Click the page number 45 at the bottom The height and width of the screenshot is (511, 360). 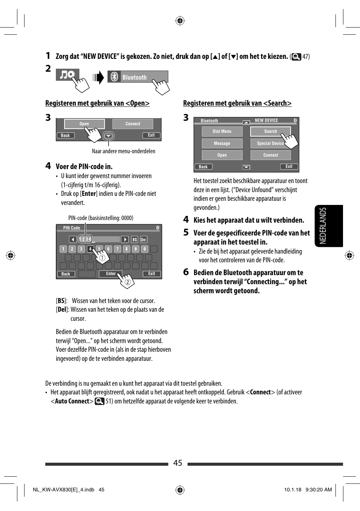coord(177,463)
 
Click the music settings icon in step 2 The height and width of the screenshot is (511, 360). coord(67,75)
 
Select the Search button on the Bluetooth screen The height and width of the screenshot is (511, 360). coord(270,131)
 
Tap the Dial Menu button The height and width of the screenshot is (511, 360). coord(222,131)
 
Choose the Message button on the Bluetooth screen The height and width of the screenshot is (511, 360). coord(222,143)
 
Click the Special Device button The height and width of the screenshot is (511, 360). coord(270,143)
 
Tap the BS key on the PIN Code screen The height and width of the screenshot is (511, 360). coord(135,240)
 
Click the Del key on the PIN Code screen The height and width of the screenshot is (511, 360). coord(144,240)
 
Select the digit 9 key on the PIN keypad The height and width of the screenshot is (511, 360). coord(135,249)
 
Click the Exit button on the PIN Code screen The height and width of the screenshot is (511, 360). coord(151,274)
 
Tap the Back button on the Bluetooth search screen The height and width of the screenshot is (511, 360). coord(203,167)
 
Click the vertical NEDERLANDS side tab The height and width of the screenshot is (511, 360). coord(328,226)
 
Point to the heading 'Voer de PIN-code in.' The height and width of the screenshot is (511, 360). coord(84,166)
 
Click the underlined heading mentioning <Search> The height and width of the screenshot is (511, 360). coord(237,103)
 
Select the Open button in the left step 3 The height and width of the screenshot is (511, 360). coord(84,124)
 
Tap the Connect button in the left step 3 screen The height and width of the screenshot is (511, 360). coord(133,124)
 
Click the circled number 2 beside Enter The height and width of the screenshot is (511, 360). coord(128,282)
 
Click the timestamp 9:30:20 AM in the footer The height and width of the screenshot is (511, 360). coord(318,490)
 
